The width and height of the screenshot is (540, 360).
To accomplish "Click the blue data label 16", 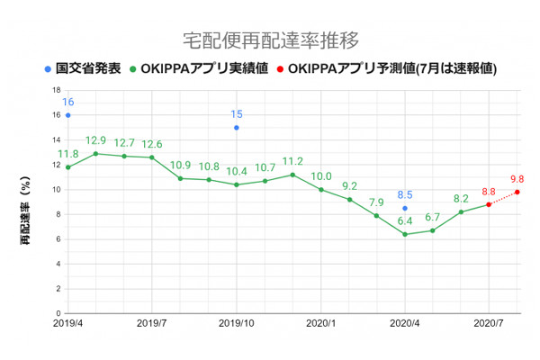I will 67,102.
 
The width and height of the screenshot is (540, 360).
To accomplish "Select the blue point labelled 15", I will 237,128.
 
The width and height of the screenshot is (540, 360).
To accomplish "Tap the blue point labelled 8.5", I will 405,208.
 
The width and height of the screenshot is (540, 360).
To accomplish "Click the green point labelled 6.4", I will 405,234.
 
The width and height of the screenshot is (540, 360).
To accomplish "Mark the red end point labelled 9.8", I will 517,192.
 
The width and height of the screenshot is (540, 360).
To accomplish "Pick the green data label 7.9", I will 376,202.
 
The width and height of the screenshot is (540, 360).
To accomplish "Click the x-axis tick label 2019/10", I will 237,321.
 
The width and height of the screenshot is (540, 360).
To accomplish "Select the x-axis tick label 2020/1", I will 320,321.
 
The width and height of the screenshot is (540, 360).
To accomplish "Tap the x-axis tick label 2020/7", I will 489,321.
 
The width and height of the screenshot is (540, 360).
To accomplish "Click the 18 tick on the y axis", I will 57,90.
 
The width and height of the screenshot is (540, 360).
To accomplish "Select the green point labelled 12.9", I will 95,153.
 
